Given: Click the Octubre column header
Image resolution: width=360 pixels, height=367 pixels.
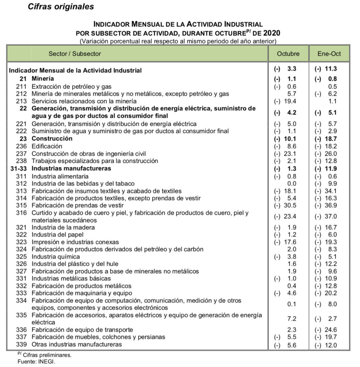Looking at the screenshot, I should point(288,54).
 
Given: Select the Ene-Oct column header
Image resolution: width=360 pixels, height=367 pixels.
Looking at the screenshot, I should point(329,54).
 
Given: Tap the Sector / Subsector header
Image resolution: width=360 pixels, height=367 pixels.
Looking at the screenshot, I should point(75,54).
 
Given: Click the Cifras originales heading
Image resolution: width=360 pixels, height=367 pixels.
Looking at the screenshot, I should point(61,6).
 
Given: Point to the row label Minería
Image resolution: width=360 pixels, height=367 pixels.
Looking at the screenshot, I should point(43,78).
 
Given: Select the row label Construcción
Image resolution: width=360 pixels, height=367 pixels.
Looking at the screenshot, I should point(52,138).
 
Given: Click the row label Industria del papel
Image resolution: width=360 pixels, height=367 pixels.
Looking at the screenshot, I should point(57,235).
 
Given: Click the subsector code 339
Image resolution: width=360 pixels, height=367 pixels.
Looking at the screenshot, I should point(22,345).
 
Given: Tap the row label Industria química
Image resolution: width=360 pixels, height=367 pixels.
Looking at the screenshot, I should point(56,257).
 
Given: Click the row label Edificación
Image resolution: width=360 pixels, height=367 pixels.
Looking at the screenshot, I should point(47,146).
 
